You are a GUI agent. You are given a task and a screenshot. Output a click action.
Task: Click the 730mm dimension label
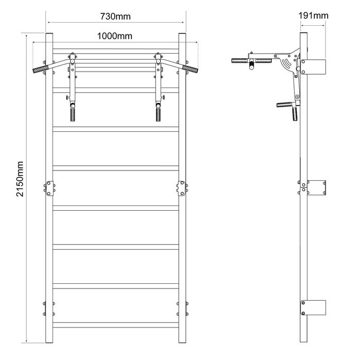pyautogui.click(x=115, y=16)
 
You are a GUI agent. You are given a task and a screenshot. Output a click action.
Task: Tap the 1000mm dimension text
pyautogui.click(x=115, y=36)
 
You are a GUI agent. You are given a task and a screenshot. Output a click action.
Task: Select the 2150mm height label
pyautogui.click(x=20, y=179)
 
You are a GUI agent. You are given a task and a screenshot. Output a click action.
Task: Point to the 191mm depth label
pyautogui.click(x=313, y=15)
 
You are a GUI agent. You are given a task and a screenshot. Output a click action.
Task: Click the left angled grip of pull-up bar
pyautogui.click(x=41, y=69)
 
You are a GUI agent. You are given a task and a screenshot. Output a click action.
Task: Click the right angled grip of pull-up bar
pyautogui.click(x=191, y=68)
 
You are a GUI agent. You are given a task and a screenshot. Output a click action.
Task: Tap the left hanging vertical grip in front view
pyautogui.click(x=73, y=114)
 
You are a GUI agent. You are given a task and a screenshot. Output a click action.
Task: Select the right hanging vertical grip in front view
pyautogui.click(x=158, y=114)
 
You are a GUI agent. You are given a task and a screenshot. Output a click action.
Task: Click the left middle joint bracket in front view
pyautogui.click(x=49, y=188)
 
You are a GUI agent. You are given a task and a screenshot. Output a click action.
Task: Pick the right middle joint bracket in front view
pyautogui.click(x=182, y=188)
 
